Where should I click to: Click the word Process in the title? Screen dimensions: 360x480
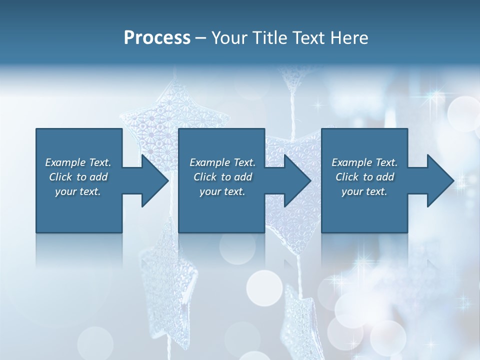coord(157,38)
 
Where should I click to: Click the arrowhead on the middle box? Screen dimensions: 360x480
coord(297,180)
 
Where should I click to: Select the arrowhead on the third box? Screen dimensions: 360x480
coord(440,180)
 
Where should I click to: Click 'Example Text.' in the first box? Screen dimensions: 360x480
coord(78,162)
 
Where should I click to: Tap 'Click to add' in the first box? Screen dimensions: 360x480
coord(78,177)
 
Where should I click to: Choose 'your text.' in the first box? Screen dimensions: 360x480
coord(78,191)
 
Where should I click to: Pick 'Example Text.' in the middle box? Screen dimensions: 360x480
coord(222,162)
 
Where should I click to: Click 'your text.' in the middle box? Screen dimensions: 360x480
coord(222,191)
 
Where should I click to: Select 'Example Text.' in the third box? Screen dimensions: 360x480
coord(364,162)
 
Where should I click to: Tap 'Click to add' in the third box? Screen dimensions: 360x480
coord(364,177)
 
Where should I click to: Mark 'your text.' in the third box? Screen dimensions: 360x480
coord(364,191)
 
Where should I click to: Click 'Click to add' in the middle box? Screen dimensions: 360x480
coord(222,177)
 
